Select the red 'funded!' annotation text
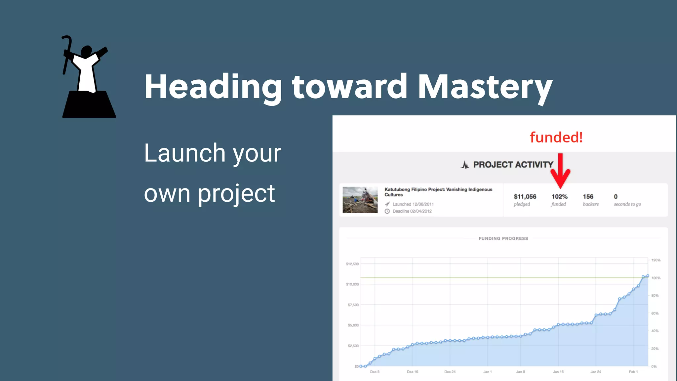coord(556,137)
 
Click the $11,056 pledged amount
coord(525,196)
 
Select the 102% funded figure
coord(559,196)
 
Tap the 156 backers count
coord(588,196)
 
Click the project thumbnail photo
coord(360,200)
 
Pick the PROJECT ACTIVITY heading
coord(513,165)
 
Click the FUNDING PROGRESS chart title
coord(503,238)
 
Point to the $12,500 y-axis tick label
coord(352,264)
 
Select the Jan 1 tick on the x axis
coord(488,372)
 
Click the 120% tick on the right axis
coord(656,260)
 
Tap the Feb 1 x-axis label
coord(633,372)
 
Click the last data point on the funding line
coord(648,276)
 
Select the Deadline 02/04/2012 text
coord(412,211)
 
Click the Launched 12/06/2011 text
coord(413,204)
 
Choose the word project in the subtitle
coord(236,193)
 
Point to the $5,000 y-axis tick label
coord(353,325)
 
